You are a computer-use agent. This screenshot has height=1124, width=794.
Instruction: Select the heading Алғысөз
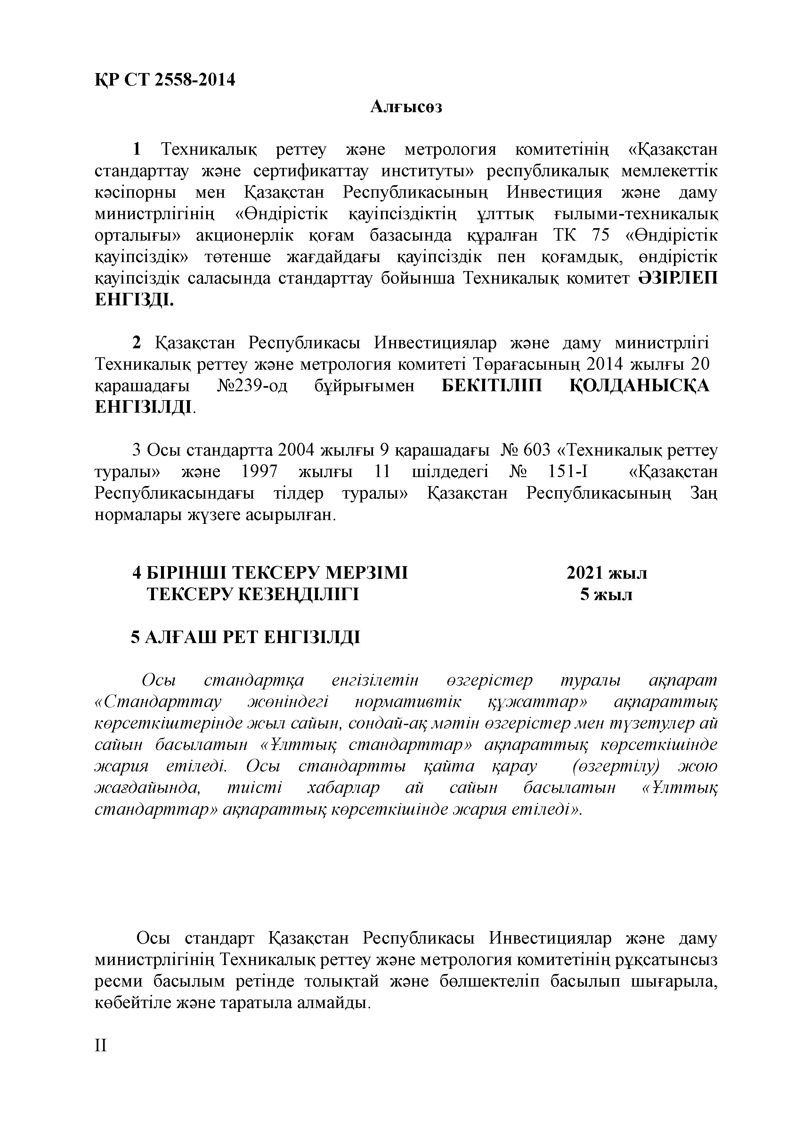tap(406, 107)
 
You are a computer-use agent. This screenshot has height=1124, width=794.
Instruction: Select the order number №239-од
tap(251, 386)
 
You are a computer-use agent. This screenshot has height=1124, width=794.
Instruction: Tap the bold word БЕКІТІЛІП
tap(492, 386)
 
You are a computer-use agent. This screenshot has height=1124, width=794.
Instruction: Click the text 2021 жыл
tap(607, 573)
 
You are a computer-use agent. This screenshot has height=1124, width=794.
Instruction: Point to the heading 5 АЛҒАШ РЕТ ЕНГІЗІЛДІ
tap(245, 637)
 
